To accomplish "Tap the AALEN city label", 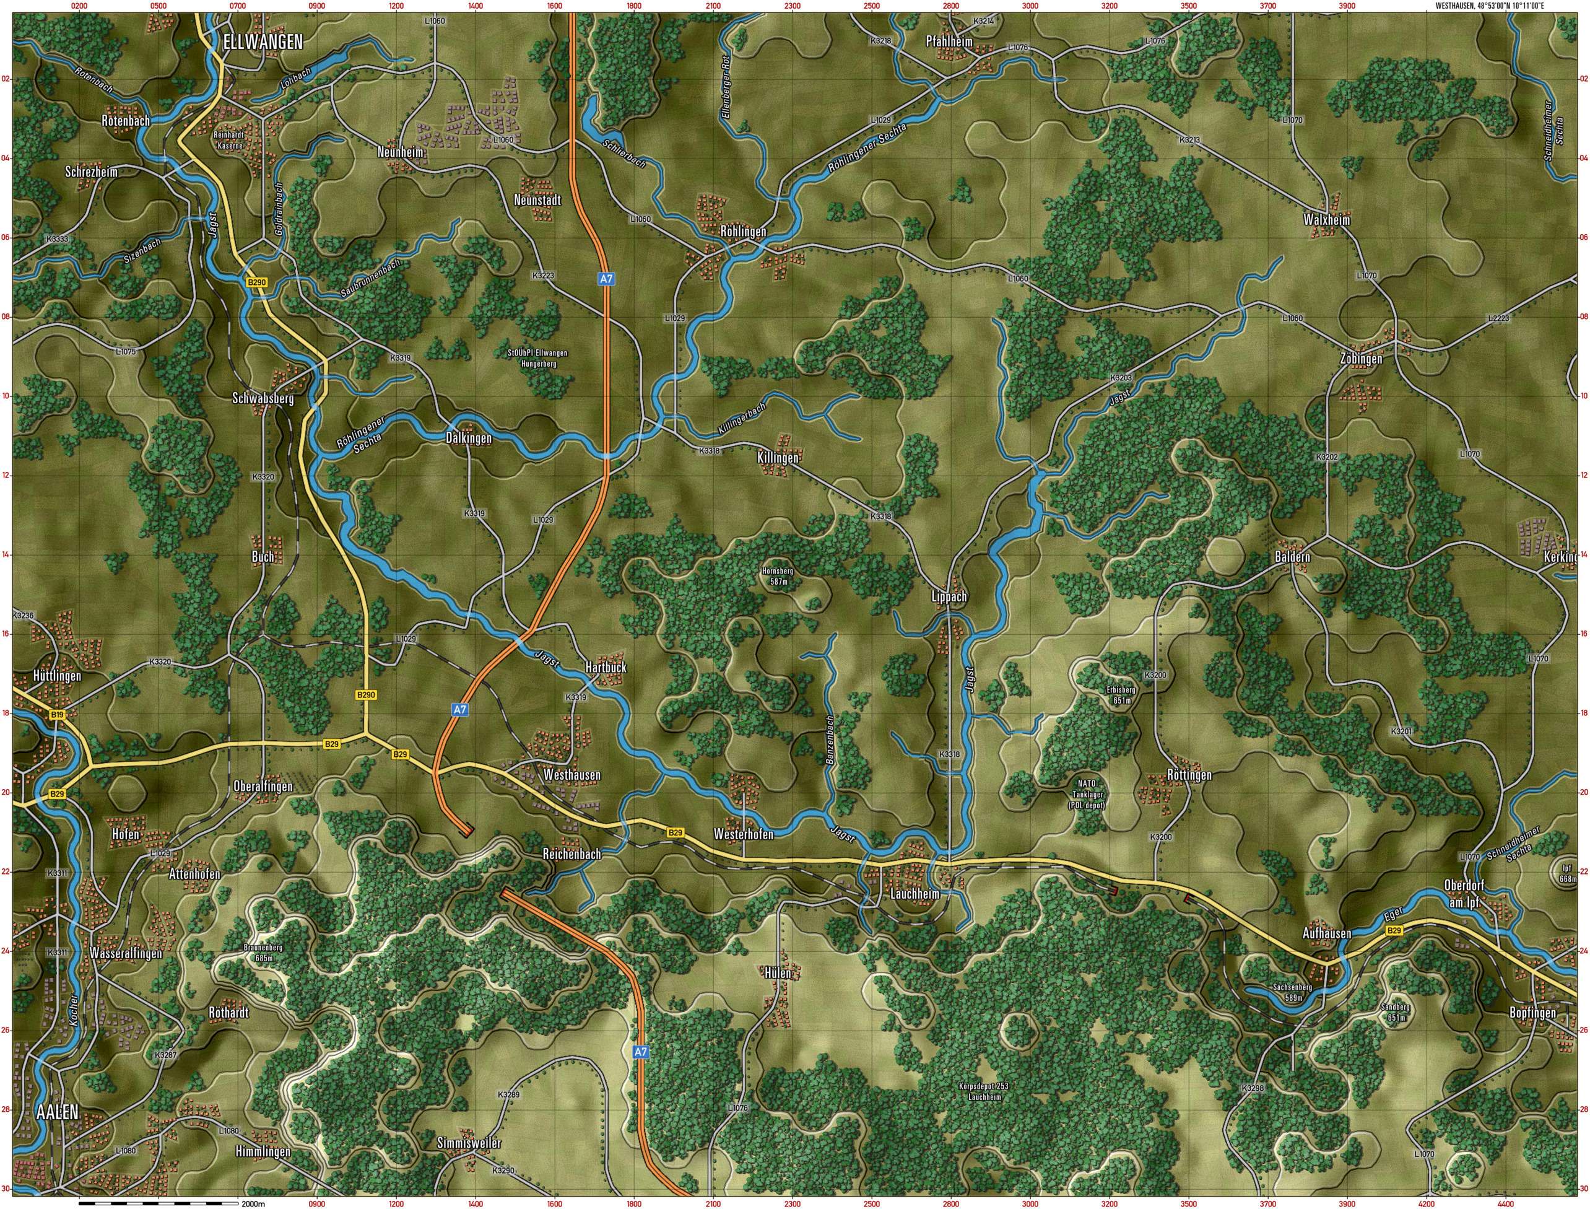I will coord(57,1112).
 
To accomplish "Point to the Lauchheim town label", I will coord(915,894).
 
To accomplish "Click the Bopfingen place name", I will coord(1532,1013).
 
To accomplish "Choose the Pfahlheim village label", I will coord(949,41).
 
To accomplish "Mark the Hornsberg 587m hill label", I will coord(778,577).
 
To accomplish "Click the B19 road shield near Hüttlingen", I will coord(58,715).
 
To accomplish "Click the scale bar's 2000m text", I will coord(254,1203).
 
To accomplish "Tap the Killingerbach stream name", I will coord(742,417).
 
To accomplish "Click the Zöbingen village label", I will coord(1361,359).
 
